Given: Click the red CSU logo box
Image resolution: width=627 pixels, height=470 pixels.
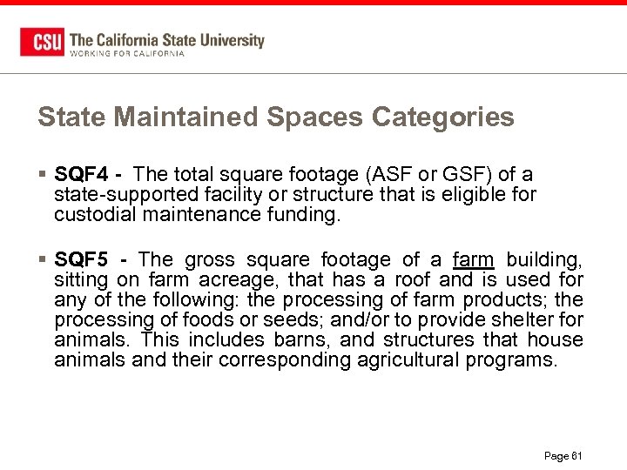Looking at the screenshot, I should pos(42,42).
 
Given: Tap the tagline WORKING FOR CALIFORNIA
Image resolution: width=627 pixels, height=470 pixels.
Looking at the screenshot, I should pos(127,53).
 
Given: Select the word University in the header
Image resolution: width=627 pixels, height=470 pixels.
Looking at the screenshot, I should pos(232,39).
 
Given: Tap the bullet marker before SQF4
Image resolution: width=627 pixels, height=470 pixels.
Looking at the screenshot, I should pos(43,174).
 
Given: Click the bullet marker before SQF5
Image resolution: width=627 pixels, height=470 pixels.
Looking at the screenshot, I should pos(43,259).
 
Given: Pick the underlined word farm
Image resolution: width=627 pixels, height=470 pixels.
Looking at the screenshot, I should pos(474,259).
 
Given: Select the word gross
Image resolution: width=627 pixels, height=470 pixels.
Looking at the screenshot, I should pos(210,259).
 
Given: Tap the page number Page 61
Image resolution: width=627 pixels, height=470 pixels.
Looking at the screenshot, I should pos(562,455).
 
